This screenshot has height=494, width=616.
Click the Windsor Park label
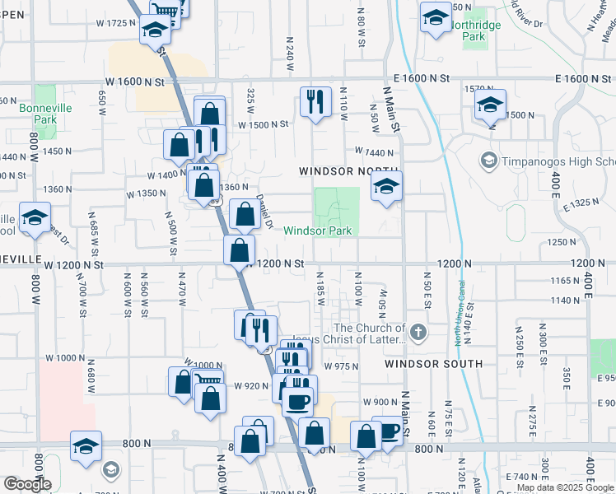[x=318, y=231]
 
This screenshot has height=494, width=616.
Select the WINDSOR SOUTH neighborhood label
[x=434, y=363]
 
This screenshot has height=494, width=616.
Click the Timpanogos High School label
[x=547, y=160]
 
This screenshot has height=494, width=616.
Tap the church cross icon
[x=419, y=333]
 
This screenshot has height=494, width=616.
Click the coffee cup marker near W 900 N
[x=298, y=401]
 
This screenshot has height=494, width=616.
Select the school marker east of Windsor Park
[x=385, y=186]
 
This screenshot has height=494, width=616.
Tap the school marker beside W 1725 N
[x=154, y=29]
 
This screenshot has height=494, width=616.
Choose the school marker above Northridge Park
[x=435, y=17]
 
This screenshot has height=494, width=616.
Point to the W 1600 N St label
[x=140, y=82]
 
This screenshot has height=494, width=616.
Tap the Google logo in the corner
[x=27, y=484]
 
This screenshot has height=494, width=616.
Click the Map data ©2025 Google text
[x=563, y=487]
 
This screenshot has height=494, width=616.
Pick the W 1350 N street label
[x=146, y=194]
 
